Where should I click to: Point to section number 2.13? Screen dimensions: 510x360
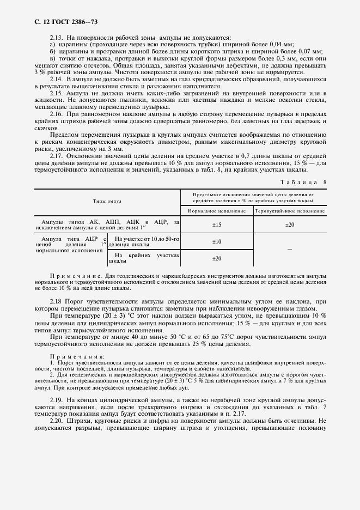pyautogui.click(x=57, y=38)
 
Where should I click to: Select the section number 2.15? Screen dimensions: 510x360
pyautogui.click(x=57, y=93)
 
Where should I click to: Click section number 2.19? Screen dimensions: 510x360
pyautogui.click(x=57, y=399)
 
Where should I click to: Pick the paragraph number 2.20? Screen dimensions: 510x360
pyautogui.click(x=57, y=421)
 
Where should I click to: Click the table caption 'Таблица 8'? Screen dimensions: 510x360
pyautogui.click(x=303, y=181)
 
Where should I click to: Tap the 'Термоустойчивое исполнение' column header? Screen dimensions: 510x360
pyautogui.click(x=290, y=210)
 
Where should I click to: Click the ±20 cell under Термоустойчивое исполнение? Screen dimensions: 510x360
pyautogui.click(x=290, y=224)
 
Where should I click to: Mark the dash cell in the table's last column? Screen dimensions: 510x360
pyautogui.click(x=290, y=250)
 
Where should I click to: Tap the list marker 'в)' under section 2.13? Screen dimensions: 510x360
pyautogui.click(x=52, y=58)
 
